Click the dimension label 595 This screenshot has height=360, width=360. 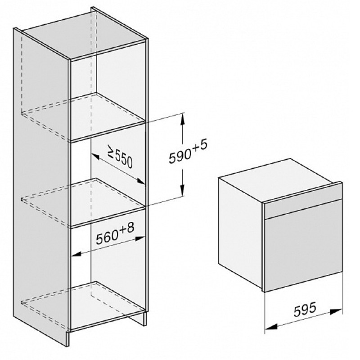[305, 309]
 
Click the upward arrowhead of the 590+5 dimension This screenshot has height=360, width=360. [182, 119]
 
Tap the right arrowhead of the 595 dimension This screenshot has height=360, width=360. [336, 312]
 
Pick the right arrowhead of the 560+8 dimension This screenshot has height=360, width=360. [140, 238]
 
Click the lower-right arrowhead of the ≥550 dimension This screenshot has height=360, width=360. [140, 181]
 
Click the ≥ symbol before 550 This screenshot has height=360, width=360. [111, 152]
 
